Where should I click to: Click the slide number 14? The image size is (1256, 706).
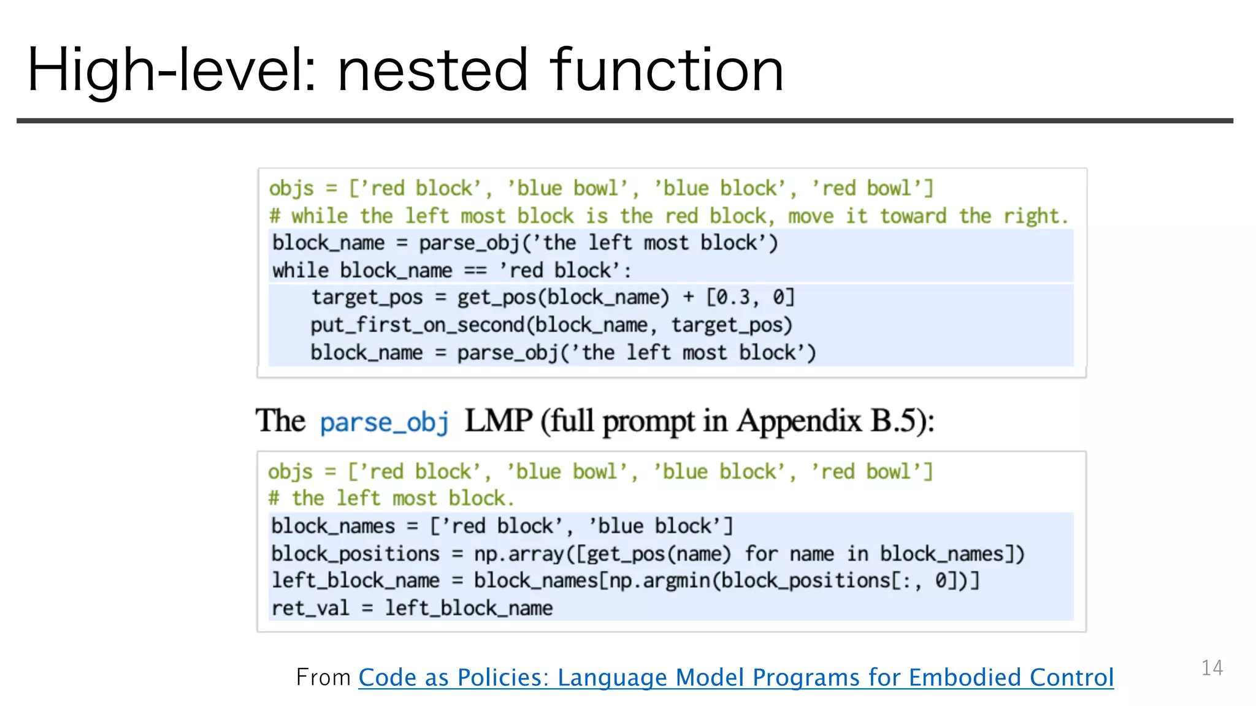[x=1212, y=667]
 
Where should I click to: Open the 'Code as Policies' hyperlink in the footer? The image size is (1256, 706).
[x=735, y=677]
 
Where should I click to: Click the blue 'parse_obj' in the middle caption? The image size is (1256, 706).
[x=385, y=422]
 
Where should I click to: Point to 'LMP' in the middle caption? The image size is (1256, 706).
[x=498, y=421]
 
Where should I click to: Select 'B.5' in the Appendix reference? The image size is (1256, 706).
[x=900, y=421]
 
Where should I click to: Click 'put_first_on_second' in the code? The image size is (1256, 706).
[x=421, y=325]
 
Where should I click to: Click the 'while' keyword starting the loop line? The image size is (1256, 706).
[x=301, y=270]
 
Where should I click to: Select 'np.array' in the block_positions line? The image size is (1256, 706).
[x=519, y=554]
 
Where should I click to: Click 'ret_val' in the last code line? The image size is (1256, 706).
[x=310, y=608]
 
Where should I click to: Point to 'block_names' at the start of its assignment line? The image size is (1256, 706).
[x=333, y=526]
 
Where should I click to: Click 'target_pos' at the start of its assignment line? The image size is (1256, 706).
[x=367, y=298]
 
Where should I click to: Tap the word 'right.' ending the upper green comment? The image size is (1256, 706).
[x=1036, y=216]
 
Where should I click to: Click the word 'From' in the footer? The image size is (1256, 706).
[x=323, y=677]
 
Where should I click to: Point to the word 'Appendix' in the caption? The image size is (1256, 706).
[x=800, y=421]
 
